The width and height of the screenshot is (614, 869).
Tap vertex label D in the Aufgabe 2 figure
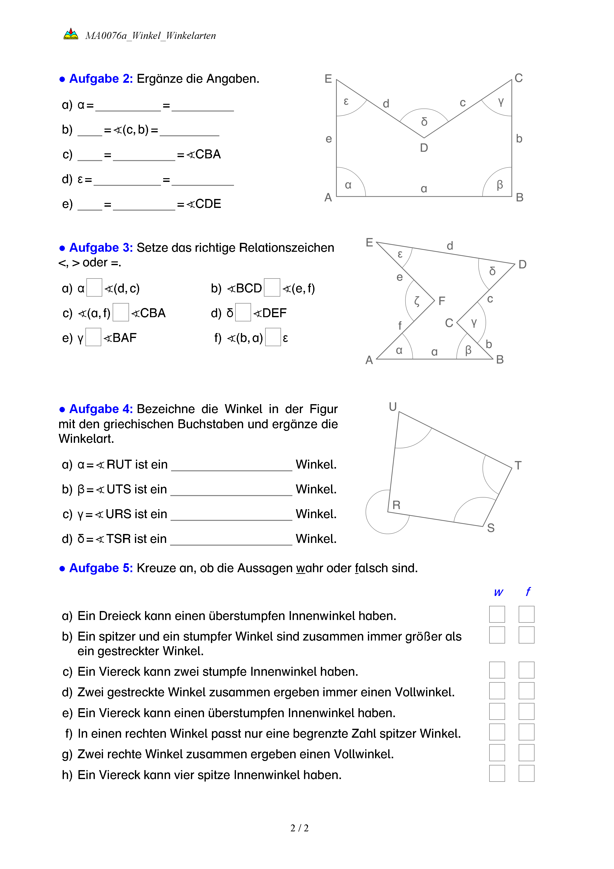(x=424, y=148)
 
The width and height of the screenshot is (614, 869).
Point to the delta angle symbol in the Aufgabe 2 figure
(x=424, y=122)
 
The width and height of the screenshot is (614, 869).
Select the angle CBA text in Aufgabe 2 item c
(x=204, y=154)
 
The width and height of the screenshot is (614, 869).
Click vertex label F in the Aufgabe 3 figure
(x=442, y=301)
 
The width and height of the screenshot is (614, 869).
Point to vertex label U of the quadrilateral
(x=393, y=407)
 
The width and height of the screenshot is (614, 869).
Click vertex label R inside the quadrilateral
(x=396, y=505)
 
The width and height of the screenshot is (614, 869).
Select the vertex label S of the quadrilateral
(x=491, y=528)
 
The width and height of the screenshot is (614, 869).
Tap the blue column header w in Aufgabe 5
(x=498, y=592)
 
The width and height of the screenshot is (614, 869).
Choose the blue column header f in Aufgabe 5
(x=528, y=591)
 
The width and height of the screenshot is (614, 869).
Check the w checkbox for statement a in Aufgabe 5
(x=497, y=614)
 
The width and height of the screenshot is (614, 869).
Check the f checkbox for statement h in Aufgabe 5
(x=526, y=773)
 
